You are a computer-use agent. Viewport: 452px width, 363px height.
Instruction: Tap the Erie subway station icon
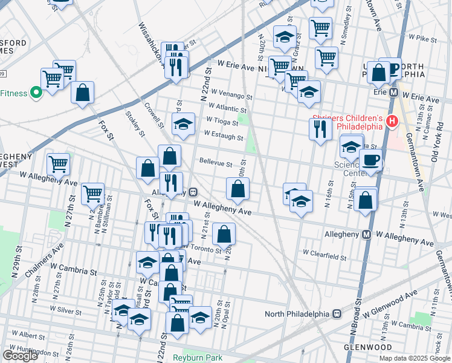[393, 93]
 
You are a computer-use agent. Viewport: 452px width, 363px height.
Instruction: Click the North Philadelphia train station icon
[338, 314]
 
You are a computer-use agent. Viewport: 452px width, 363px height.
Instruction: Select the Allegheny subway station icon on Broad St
[366, 234]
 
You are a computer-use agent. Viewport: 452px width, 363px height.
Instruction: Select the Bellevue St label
[216, 163]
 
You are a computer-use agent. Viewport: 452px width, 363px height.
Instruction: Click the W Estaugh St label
[224, 137]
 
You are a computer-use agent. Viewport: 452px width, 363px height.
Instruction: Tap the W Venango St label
[231, 96]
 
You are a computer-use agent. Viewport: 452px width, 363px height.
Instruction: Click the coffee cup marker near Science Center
[370, 160]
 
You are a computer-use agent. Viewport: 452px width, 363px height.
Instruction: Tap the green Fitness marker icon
[36, 93]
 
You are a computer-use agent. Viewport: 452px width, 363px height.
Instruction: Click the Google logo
[20, 356]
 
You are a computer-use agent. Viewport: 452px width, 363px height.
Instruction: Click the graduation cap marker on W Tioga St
[183, 124]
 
